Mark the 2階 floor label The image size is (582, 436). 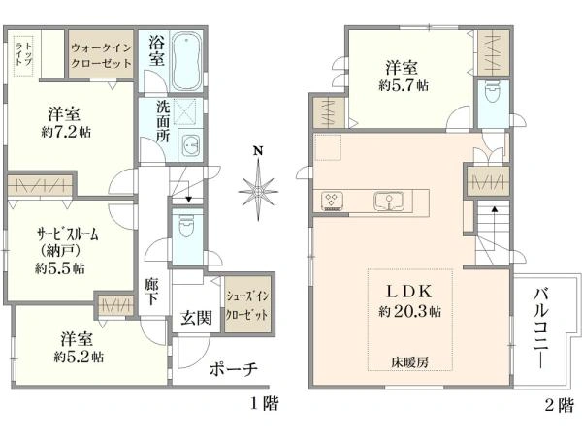point(558,405)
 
